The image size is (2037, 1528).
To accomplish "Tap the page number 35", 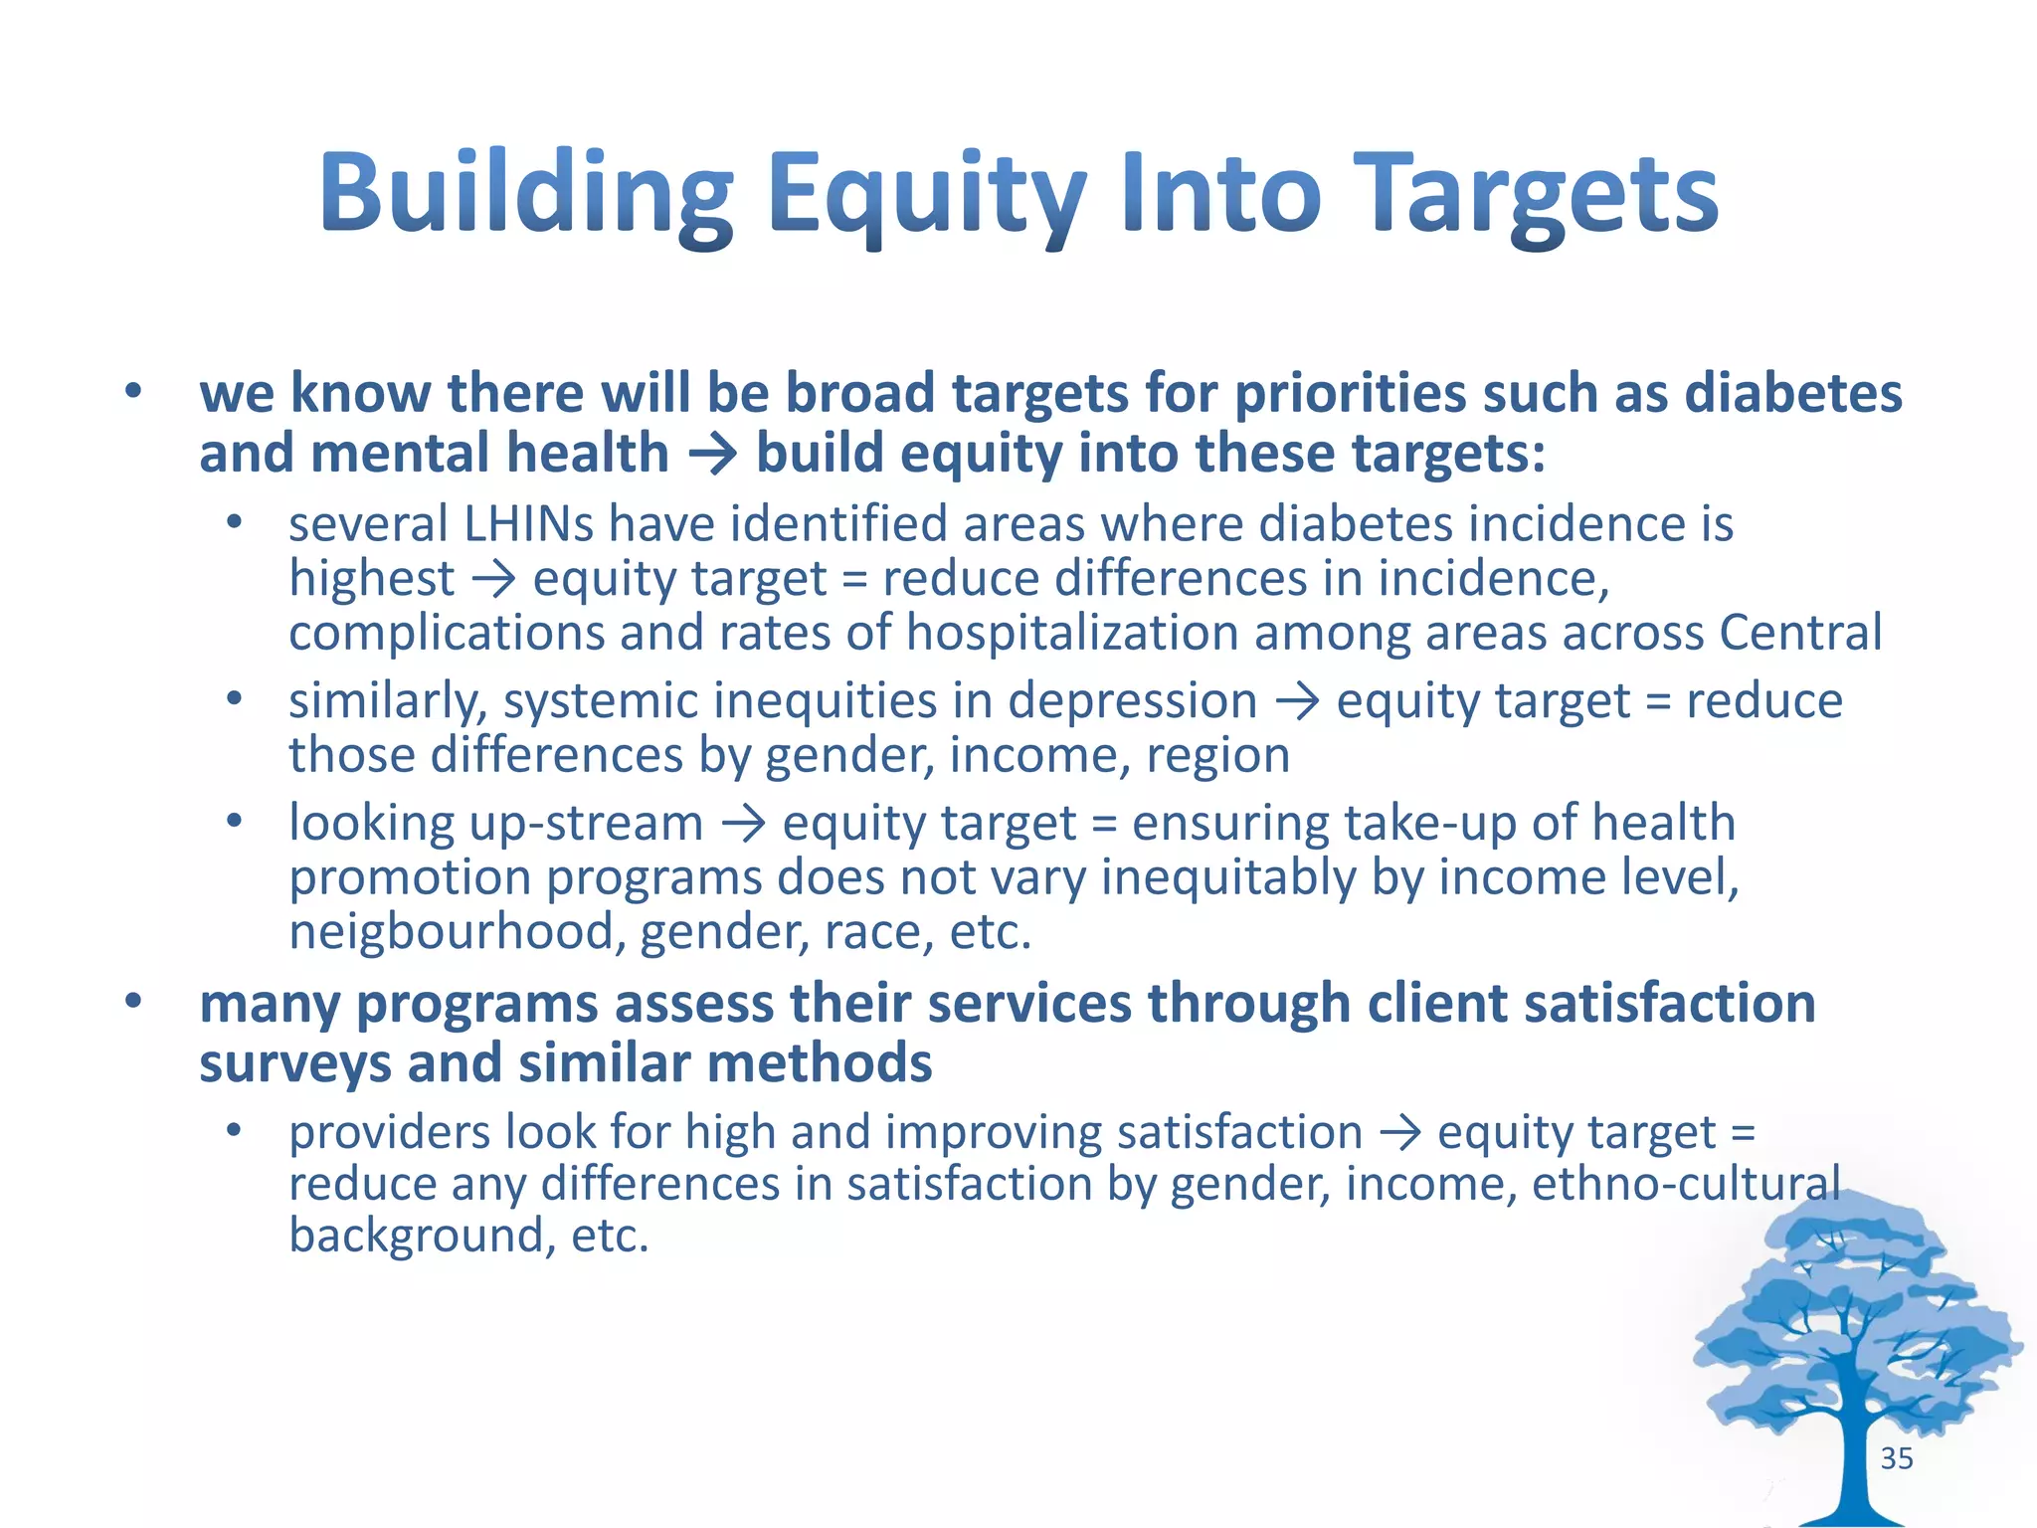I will pos(1896,1458).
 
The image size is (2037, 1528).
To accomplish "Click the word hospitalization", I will pos(1071,634).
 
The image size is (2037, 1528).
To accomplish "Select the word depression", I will pos(1132,701).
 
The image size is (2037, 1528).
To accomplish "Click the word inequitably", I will pos(1227,878).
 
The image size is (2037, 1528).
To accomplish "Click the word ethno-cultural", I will pos(1685,1184).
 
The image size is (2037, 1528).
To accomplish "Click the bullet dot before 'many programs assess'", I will pos(133,1002).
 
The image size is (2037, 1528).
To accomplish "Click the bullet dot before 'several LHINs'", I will pos(233,522).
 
